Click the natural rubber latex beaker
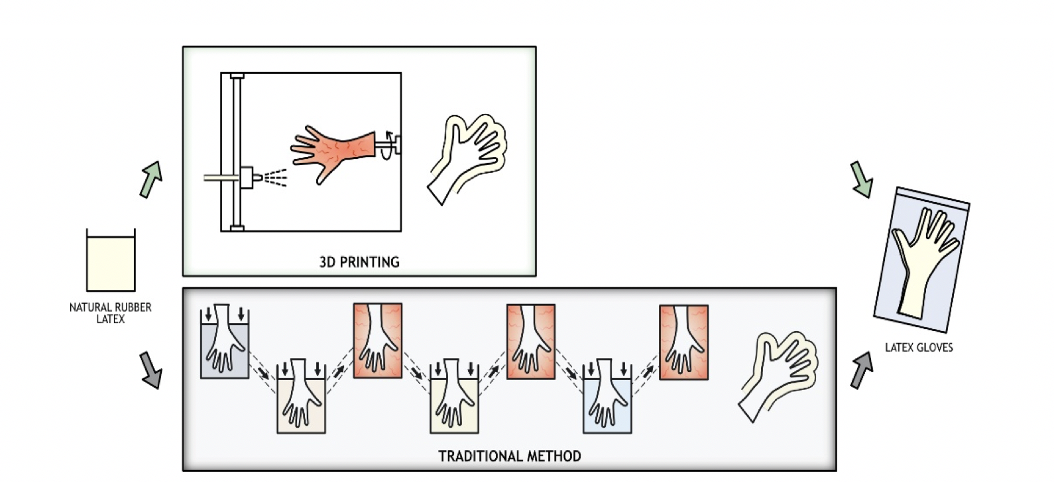point(111,262)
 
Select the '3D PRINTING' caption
point(359,262)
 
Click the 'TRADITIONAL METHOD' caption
point(509,456)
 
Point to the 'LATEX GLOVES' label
point(919,347)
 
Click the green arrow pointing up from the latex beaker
point(151,179)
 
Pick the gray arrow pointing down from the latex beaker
point(151,369)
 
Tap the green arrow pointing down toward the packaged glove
point(861,179)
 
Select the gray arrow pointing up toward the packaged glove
point(861,370)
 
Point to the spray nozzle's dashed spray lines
point(274,177)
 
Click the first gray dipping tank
point(225,344)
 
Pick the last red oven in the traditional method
point(683,342)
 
